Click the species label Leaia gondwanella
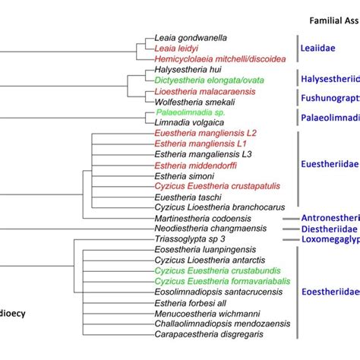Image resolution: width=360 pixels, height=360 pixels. (x=193, y=37)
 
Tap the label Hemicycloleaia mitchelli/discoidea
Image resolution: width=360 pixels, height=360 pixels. (x=219, y=58)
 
